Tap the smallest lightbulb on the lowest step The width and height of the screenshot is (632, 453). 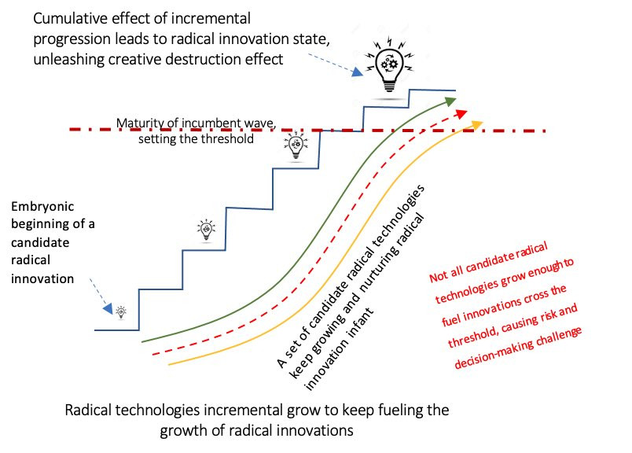(x=121, y=312)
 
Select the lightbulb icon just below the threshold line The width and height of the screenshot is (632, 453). (x=296, y=145)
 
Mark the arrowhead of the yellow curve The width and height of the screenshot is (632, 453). (x=479, y=122)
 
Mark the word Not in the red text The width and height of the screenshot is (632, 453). (x=438, y=278)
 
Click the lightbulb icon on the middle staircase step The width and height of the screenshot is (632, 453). (x=206, y=229)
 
